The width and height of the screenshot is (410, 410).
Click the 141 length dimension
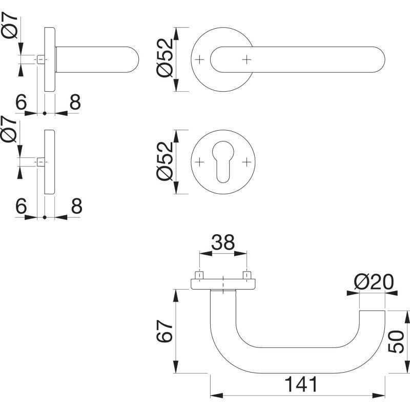click(301, 384)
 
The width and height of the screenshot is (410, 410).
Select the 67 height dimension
click(165, 331)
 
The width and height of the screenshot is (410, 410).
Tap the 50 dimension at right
click(396, 341)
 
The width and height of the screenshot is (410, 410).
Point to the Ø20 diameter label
click(374, 282)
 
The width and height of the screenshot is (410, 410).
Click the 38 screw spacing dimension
click(223, 242)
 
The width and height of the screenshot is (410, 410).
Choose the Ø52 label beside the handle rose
click(165, 58)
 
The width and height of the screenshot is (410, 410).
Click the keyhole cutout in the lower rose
click(223, 161)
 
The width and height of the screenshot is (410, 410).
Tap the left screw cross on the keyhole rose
click(199, 162)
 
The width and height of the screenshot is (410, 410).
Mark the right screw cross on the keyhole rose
click(247, 162)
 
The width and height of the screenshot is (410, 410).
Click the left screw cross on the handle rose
click(199, 60)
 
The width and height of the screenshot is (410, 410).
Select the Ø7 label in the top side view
click(9, 25)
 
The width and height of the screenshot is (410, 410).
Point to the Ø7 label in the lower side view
click(9, 129)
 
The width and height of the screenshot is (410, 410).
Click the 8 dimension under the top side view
click(75, 102)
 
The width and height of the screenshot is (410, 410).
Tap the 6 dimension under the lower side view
click(21, 206)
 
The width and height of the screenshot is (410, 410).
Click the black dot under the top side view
click(45, 113)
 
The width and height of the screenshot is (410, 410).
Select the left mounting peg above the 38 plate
click(199, 275)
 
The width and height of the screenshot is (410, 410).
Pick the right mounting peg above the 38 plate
click(247, 275)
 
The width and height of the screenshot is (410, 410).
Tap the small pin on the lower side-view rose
click(41, 162)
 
